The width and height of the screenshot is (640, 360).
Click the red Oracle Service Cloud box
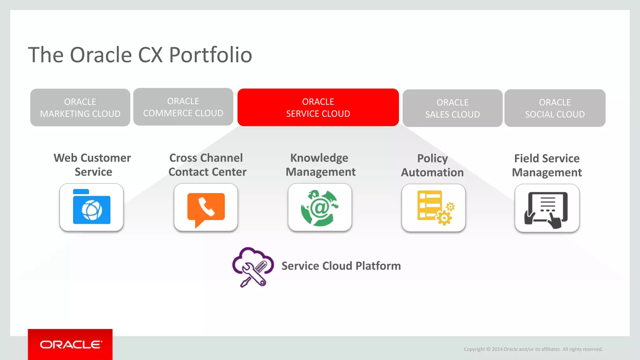pyautogui.click(x=318, y=107)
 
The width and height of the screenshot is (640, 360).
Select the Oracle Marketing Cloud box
pyautogui.click(x=80, y=107)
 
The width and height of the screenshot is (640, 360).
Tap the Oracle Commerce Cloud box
pyautogui.click(x=183, y=107)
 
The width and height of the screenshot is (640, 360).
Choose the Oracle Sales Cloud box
pyautogui.click(x=452, y=108)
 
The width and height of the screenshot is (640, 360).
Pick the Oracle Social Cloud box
pyautogui.click(x=555, y=108)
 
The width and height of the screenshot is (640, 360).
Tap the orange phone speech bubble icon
pyautogui.click(x=206, y=207)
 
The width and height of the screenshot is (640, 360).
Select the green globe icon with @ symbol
pyautogui.click(x=320, y=207)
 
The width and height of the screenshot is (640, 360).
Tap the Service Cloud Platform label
pyautogui.click(x=341, y=266)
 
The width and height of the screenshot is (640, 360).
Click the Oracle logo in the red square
pyautogui.click(x=70, y=344)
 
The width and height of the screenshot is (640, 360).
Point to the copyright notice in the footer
pyautogui.click(x=533, y=349)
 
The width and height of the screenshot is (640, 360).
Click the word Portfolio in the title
pyautogui.click(x=210, y=55)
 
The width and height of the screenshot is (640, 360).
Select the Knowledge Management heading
pyautogui.click(x=320, y=165)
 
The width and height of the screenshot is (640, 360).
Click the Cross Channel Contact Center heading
pyautogui.click(x=207, y=165)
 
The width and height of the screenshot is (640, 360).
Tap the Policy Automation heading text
pyautogui.click(x=432, y=165)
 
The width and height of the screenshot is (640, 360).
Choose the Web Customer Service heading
pyautogui.click(x=92, y=165)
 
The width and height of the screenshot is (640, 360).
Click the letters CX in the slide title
pyautogui.click(x=150, y=55)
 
